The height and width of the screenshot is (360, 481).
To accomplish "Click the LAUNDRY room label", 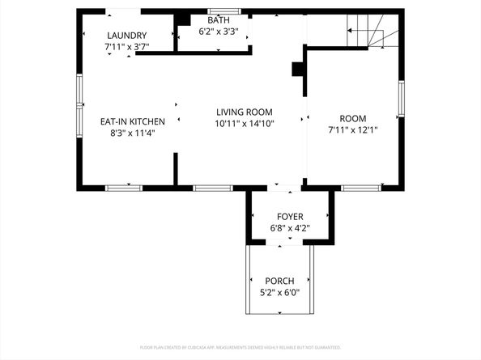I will coord(127,35).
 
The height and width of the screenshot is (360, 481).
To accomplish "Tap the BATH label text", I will coord(219,20).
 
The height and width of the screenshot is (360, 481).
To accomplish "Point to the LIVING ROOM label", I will coord(244,112).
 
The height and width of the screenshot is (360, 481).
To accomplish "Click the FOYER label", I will coord(290,217).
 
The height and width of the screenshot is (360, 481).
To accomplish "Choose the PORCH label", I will coord(279,281).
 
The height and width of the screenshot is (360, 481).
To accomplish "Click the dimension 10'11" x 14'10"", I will coord(244,124).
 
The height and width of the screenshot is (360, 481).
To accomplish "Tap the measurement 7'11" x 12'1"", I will coord(352,130).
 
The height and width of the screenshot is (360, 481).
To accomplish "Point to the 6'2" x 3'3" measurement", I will coord(219,32).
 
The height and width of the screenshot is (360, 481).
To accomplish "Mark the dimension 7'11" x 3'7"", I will coord(127,48).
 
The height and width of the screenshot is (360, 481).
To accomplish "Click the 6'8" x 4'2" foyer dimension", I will coord(290,229).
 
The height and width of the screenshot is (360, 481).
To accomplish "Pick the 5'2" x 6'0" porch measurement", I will coord(279,293).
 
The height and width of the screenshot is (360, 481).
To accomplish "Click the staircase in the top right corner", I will coord(364,32).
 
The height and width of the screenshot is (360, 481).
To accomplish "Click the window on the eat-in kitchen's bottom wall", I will coord(124,188).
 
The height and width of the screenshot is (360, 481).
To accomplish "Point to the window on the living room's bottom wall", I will coord(213,188).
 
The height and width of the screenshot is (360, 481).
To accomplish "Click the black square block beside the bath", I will coord(184,19).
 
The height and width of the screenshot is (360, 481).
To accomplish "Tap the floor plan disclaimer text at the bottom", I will coord(240,347).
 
